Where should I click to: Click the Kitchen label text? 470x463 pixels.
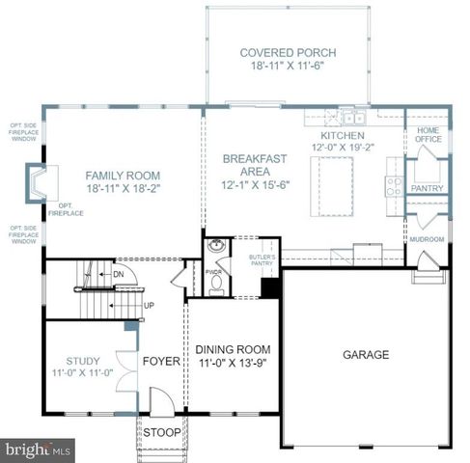point(343,137)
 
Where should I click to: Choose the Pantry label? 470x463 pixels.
point(426,188)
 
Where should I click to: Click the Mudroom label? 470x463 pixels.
point(426,238)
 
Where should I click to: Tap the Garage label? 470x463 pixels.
point(366,355)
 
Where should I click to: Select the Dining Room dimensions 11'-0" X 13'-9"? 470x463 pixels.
point(233,365)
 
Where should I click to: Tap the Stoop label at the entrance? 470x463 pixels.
point(161,432)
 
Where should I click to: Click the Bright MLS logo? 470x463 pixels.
point(39,449)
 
